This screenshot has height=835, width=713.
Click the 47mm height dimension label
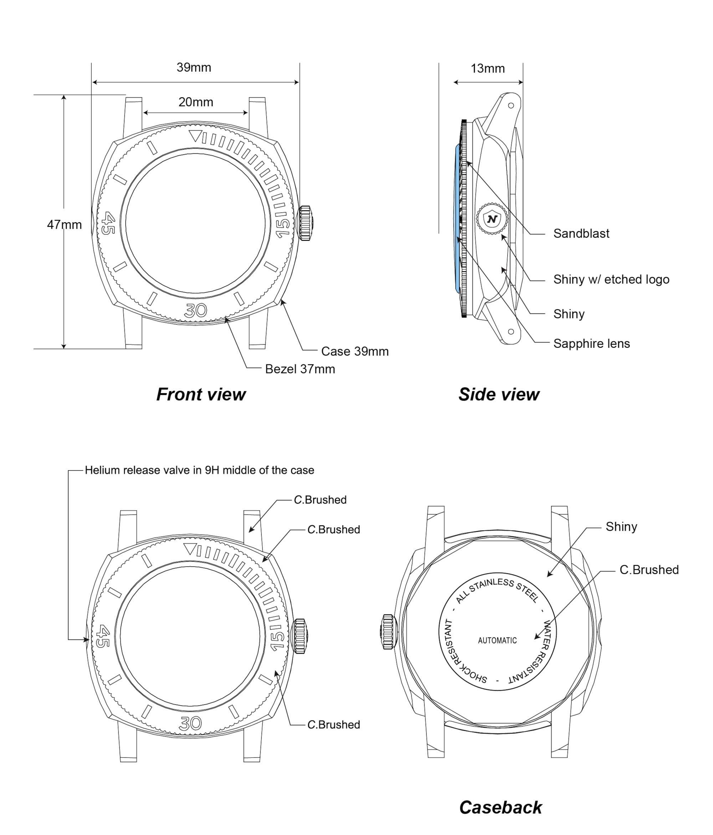64,224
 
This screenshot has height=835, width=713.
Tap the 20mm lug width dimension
195,102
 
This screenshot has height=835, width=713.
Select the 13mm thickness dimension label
487,68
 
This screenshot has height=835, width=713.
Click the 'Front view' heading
201,394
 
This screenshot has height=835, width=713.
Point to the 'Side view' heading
499,394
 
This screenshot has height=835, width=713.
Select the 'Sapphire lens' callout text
591,343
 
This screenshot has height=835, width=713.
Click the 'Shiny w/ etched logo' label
611,279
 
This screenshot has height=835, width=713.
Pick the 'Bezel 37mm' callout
300,369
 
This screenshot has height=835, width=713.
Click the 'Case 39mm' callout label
354,351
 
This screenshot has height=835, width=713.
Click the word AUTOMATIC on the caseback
497,640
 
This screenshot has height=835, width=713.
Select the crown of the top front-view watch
305,223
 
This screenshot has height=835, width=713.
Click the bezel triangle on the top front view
195,136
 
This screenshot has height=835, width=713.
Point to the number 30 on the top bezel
195,310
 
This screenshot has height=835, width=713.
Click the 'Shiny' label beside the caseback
621,527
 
